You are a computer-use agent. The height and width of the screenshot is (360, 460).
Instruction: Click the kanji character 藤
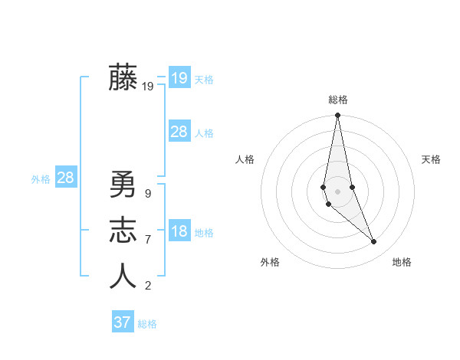tap(123, 78)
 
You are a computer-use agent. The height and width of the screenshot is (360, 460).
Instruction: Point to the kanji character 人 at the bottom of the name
tap(123, 276)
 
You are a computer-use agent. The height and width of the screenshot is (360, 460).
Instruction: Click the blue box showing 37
tap(123, 322)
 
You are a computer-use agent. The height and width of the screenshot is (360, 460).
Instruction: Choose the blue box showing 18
tap(179, 232)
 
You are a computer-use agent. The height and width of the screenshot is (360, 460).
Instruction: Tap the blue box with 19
tap(179, 78)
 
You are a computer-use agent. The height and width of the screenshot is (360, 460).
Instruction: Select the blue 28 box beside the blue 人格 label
tap(179, 132)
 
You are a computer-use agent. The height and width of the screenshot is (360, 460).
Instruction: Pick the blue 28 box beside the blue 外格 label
tap(66, 178)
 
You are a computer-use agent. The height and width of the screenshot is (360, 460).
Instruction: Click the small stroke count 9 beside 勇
tap(147, 194)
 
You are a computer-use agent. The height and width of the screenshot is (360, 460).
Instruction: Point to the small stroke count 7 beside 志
tap(147, 240)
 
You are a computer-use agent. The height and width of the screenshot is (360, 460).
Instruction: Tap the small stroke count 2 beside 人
tap(147, 286)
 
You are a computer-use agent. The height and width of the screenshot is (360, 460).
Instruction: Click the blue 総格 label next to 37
tap(147, 324)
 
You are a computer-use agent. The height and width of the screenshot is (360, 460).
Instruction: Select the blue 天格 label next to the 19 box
tap(204, 80)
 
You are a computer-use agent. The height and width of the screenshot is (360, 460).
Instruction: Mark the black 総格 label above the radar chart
tap(338, 100)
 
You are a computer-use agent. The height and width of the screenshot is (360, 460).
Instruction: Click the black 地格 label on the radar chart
tap(402, 262)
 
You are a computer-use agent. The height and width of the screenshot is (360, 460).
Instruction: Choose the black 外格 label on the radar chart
tap(270, 262)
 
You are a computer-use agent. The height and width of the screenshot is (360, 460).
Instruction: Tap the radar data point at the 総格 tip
tap(337, 116)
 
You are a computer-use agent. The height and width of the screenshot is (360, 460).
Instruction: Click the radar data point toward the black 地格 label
tap(374, 242)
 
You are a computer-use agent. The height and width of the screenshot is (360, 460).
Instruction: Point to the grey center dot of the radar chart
tap(337, 191)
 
